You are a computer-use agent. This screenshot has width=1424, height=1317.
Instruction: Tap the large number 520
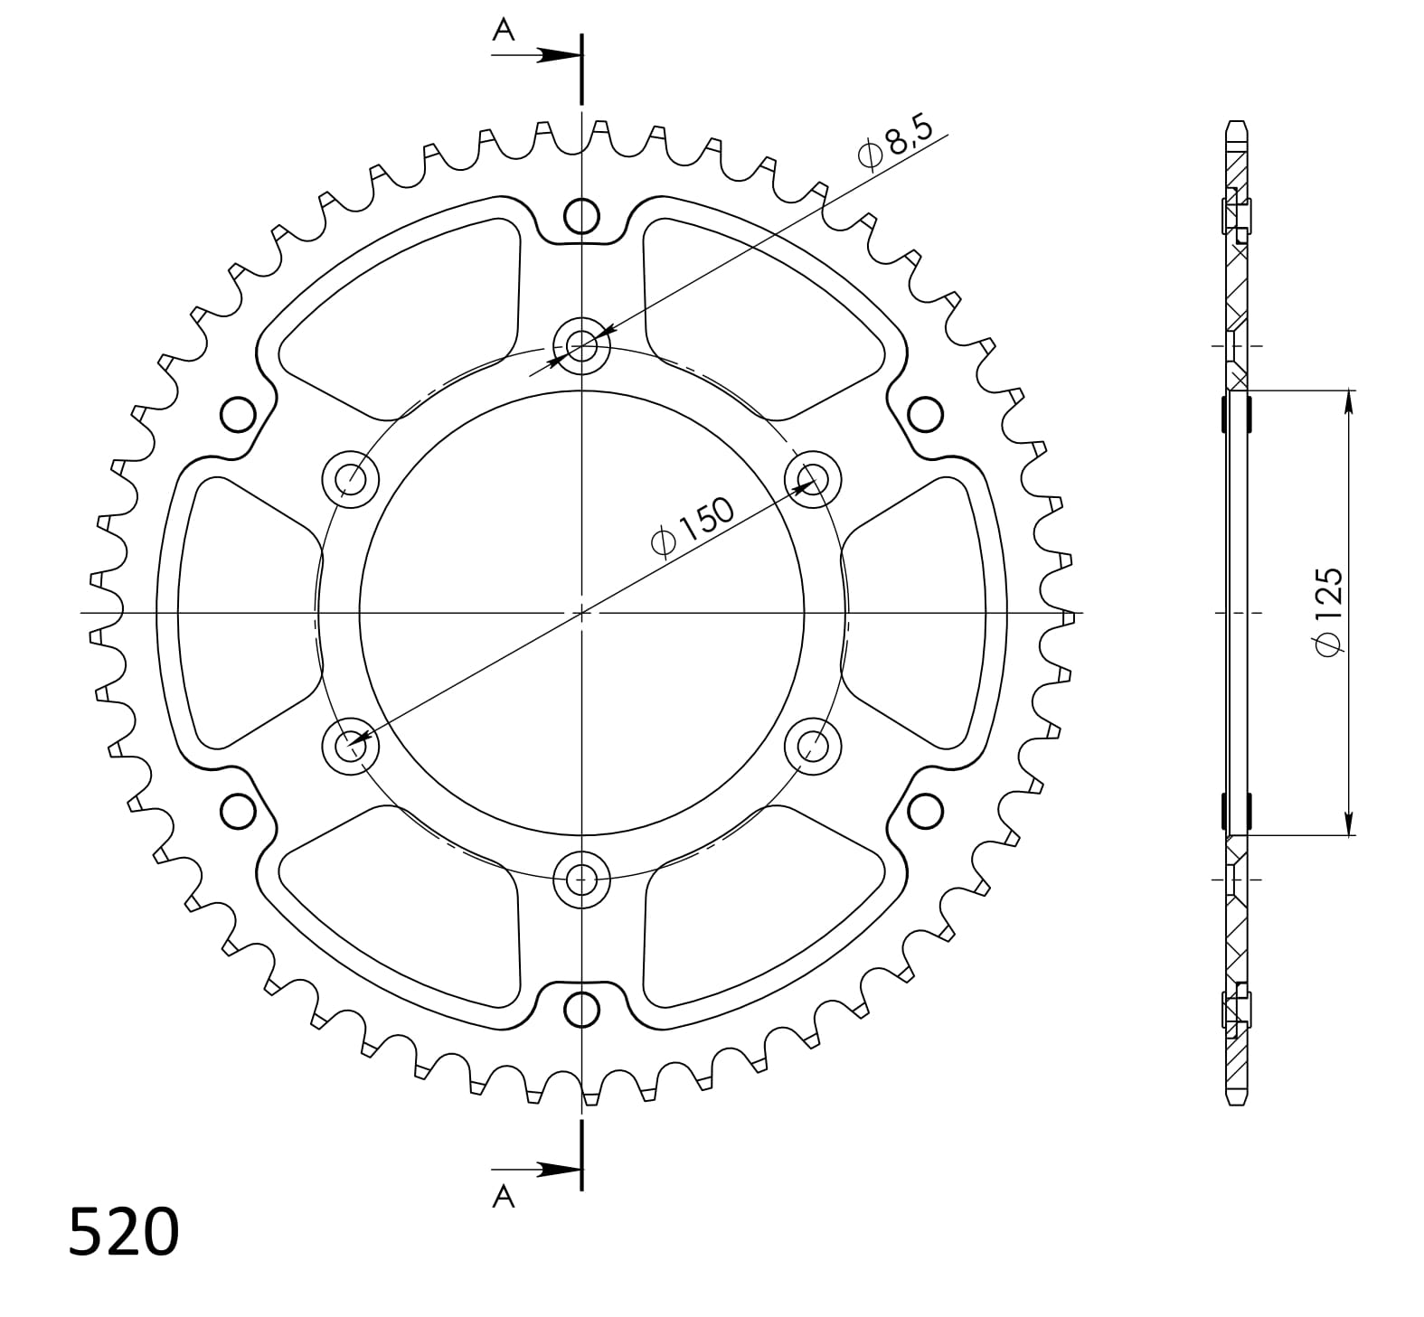click(124, 1231)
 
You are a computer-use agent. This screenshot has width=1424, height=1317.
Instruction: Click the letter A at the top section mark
click(503, 31)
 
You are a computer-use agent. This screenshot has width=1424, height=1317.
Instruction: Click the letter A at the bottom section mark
click(503, 1197)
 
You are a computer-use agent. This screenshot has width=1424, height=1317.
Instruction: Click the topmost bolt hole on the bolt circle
click(581, 344)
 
